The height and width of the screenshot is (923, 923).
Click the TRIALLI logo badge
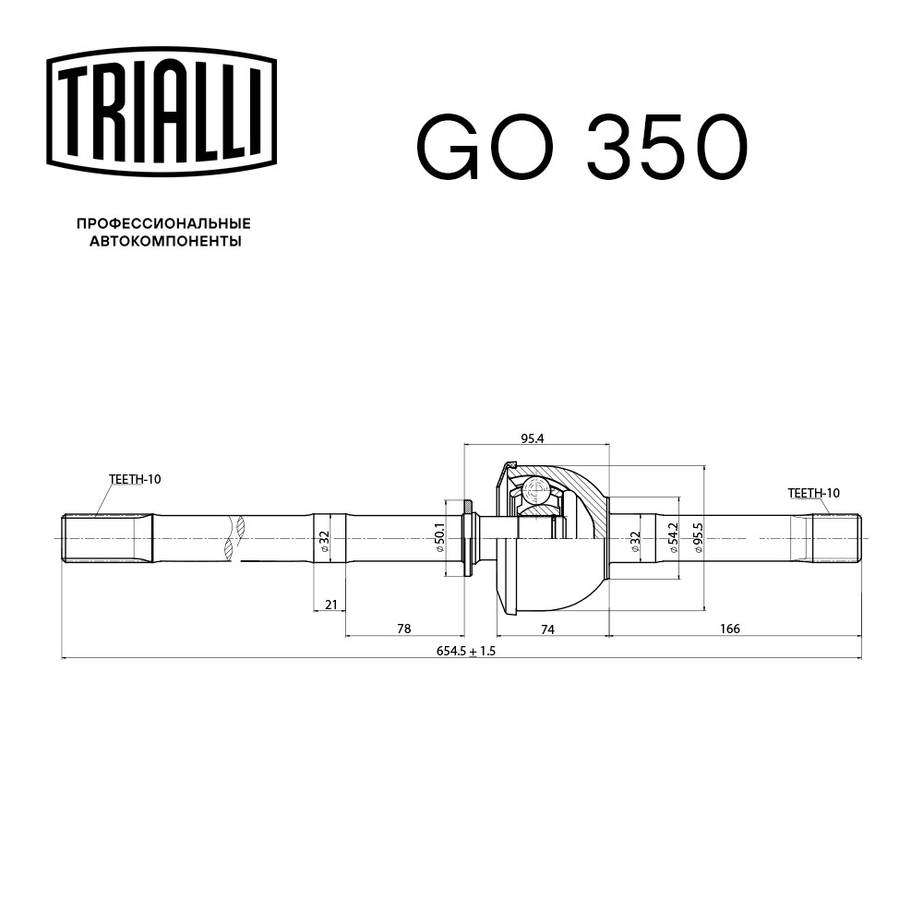click(x=162, y=112)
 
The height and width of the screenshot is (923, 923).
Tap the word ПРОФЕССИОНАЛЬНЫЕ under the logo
click(x=163, y=223)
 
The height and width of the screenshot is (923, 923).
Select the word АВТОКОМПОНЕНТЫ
click(x=165, y=241)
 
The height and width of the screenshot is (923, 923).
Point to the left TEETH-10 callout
click(x=135, y=479)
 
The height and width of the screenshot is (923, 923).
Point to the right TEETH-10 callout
click(x=814, y=493)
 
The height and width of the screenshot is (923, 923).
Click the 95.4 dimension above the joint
click(x=533, y=438)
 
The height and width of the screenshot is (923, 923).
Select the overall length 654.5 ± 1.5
click(x=465, y=651)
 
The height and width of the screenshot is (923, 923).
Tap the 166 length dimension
click(x=730, y=629)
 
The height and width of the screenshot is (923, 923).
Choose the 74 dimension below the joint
click(x=547, y=629)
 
